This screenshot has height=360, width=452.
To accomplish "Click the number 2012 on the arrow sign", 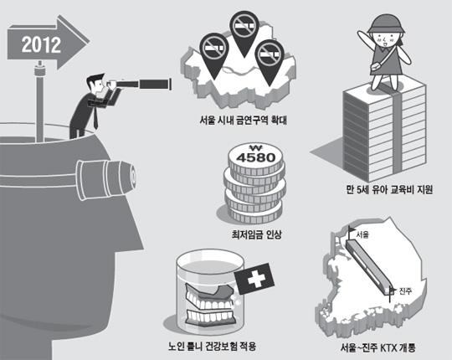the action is [42, 44].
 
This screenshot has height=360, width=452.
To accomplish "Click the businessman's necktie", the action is [95, 117].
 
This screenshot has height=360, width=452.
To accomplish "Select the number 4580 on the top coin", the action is [255, 157].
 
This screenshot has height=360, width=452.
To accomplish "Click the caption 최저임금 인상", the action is [257, 234].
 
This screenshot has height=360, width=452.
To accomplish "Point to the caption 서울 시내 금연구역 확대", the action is [243, 120].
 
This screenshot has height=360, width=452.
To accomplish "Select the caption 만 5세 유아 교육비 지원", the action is [389, 190].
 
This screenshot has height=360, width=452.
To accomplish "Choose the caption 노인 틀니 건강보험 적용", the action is [212, 346].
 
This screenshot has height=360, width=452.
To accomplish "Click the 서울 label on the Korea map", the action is [362, 234].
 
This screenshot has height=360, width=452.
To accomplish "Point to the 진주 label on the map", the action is [405, 291].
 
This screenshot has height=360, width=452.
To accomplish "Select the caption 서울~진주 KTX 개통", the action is [378, 348].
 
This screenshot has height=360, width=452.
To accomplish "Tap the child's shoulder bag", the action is [375, 67].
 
